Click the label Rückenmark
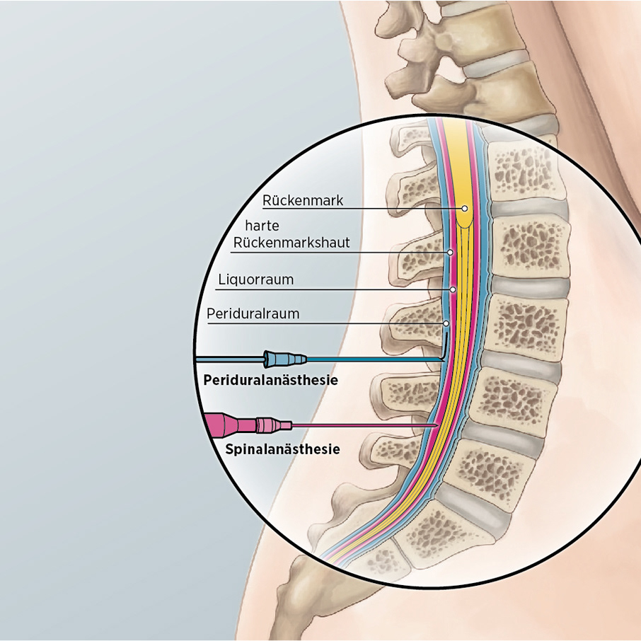[302, 200]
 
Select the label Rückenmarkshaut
[291, 243]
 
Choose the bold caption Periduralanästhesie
[270, 380]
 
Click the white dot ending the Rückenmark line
[465, 209]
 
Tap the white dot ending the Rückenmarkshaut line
[449, 253]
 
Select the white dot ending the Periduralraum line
[446, 323]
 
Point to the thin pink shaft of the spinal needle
[361, 425]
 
